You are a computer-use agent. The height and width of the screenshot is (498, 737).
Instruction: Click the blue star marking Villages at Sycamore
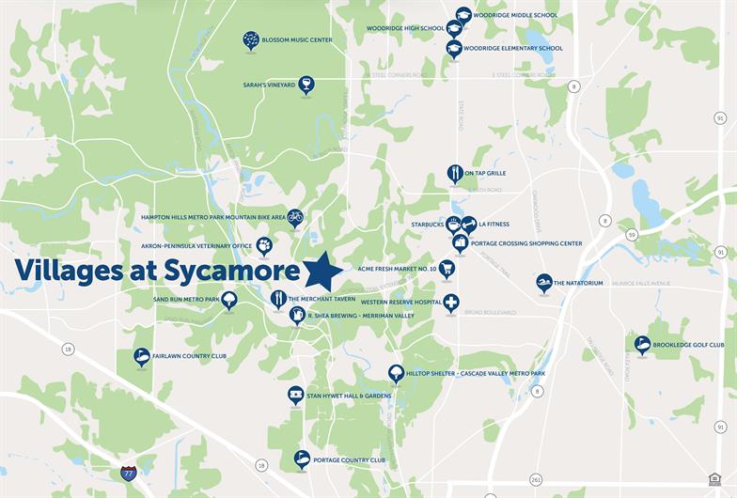tap(323, 272)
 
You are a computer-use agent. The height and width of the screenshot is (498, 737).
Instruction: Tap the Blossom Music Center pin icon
tap(251, 39)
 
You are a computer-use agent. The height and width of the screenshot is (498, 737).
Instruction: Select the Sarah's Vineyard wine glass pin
tap(306, 84)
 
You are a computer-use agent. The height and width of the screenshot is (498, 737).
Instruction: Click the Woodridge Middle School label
tap(515, 16)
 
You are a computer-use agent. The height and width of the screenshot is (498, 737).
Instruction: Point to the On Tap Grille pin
tap(455, 173)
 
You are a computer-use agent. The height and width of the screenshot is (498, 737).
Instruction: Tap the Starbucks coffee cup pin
tap(453, 224)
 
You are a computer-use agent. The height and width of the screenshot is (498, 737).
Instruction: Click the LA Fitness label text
tap(494, 225)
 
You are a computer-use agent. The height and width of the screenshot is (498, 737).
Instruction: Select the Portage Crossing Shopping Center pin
tap(460, 241)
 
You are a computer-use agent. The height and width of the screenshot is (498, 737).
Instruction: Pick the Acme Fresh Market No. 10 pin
tap(447, 268)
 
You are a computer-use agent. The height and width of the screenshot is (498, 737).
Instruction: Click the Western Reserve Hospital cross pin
tap(451, 302)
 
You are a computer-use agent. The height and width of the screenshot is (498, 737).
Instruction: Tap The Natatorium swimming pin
tap(543, 281)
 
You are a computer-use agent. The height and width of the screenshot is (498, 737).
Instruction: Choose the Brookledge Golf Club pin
tap(642, 344)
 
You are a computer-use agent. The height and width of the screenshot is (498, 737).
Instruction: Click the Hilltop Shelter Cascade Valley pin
tap(396, 372)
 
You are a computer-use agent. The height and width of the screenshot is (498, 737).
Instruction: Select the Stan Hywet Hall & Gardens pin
tap(295, 394)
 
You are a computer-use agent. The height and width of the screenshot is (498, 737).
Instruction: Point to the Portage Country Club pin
tap(302, 459)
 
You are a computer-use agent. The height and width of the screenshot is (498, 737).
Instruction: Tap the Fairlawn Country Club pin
tap(142, 355)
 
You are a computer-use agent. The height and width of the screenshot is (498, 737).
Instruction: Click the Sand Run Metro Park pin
tap(229, 299)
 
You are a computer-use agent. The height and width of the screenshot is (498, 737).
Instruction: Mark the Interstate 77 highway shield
tap(128, 473)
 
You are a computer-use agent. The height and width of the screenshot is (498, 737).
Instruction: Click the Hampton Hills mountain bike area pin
tap(295, 216)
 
